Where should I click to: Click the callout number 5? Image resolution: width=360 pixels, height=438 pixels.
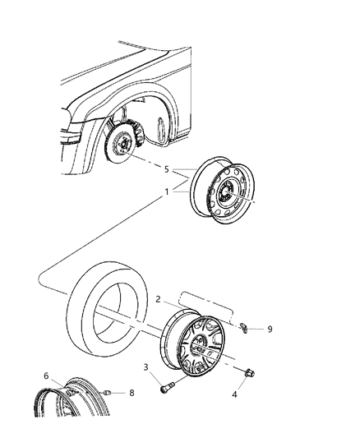167,171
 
